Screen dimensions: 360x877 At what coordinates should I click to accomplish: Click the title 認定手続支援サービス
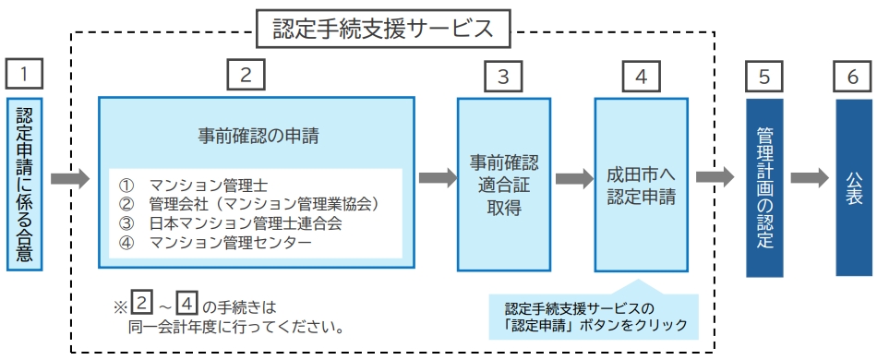pyautogui.click(x=384, y=29)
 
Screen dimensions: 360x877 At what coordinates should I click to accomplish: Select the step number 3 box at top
pyautogui.click(x=502, y=76)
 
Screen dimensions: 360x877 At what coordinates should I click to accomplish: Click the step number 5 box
pyautogui.click(x=763, y=76)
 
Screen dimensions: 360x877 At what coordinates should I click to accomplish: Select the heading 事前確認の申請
pyautogui.click(x=258, y=137)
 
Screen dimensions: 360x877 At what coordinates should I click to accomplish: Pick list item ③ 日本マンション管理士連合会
pyautogui.click(x=234, y=224)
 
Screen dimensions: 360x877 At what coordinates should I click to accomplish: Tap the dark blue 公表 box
pyautogui.click(x=852, y=186)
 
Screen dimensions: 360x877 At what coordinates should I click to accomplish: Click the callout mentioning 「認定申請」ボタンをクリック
pyautogui.click(x=595, y=317)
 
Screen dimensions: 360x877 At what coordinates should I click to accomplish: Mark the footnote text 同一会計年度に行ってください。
pyautogui.click(x=236, y=325)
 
